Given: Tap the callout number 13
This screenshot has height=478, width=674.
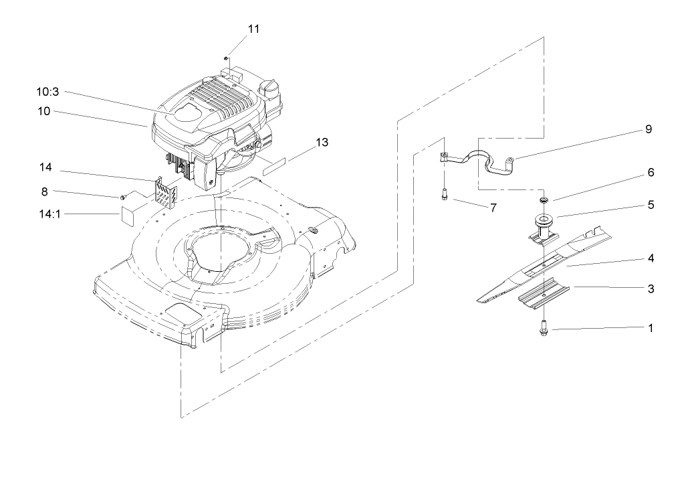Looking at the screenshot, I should (x=322, y=142).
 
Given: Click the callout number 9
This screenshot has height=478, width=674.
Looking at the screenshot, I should (x=648, y=130).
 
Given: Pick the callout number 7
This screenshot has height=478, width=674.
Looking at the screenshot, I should (x=493, y=208).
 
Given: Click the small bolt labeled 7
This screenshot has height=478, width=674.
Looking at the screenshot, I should (x=444, y=195).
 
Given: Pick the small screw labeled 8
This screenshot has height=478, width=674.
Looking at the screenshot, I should (x=124, y=197).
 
